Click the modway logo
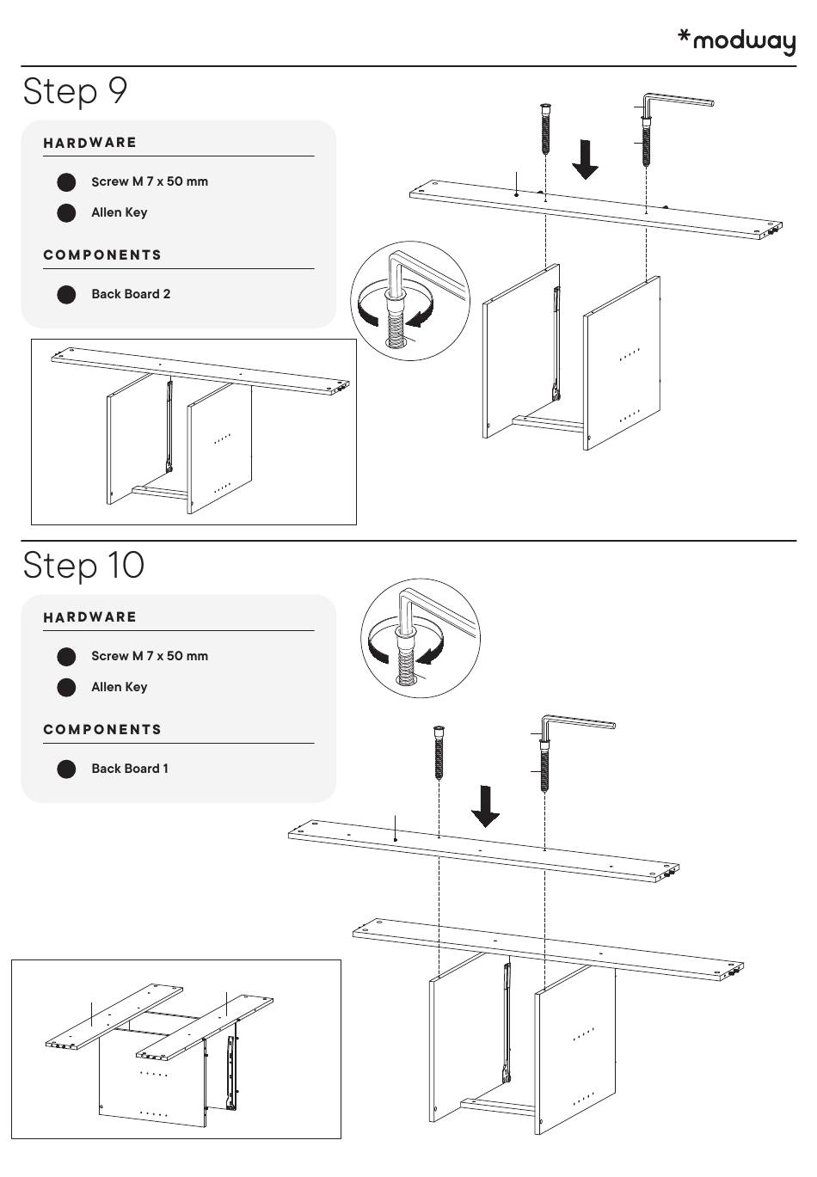click(x=737, y=41)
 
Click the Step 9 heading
click(x=76, y=91)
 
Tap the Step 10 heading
click(x=83, y=566)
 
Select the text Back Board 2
click(x=131, y=294)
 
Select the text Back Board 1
click(x=130, y=769)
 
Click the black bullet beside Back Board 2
click(x=66, y=295)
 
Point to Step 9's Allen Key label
click(x=119, y=212)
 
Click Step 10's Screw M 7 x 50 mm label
click(x=150, y=656)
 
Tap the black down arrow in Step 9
click(x=586, y=160)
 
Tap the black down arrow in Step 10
click(x=486, y=806)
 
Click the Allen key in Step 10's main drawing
click(x=577, y=724)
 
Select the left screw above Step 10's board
click(x=439, y=751)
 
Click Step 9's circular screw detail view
click(x=410, y=301)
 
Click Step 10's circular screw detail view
click(x=421, y=638)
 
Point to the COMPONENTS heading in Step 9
click(x=102, y=255)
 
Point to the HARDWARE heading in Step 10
click(x=90, y=617)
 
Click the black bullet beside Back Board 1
click(x=66, y=769)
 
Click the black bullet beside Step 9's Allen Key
click(x=66, y=213)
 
